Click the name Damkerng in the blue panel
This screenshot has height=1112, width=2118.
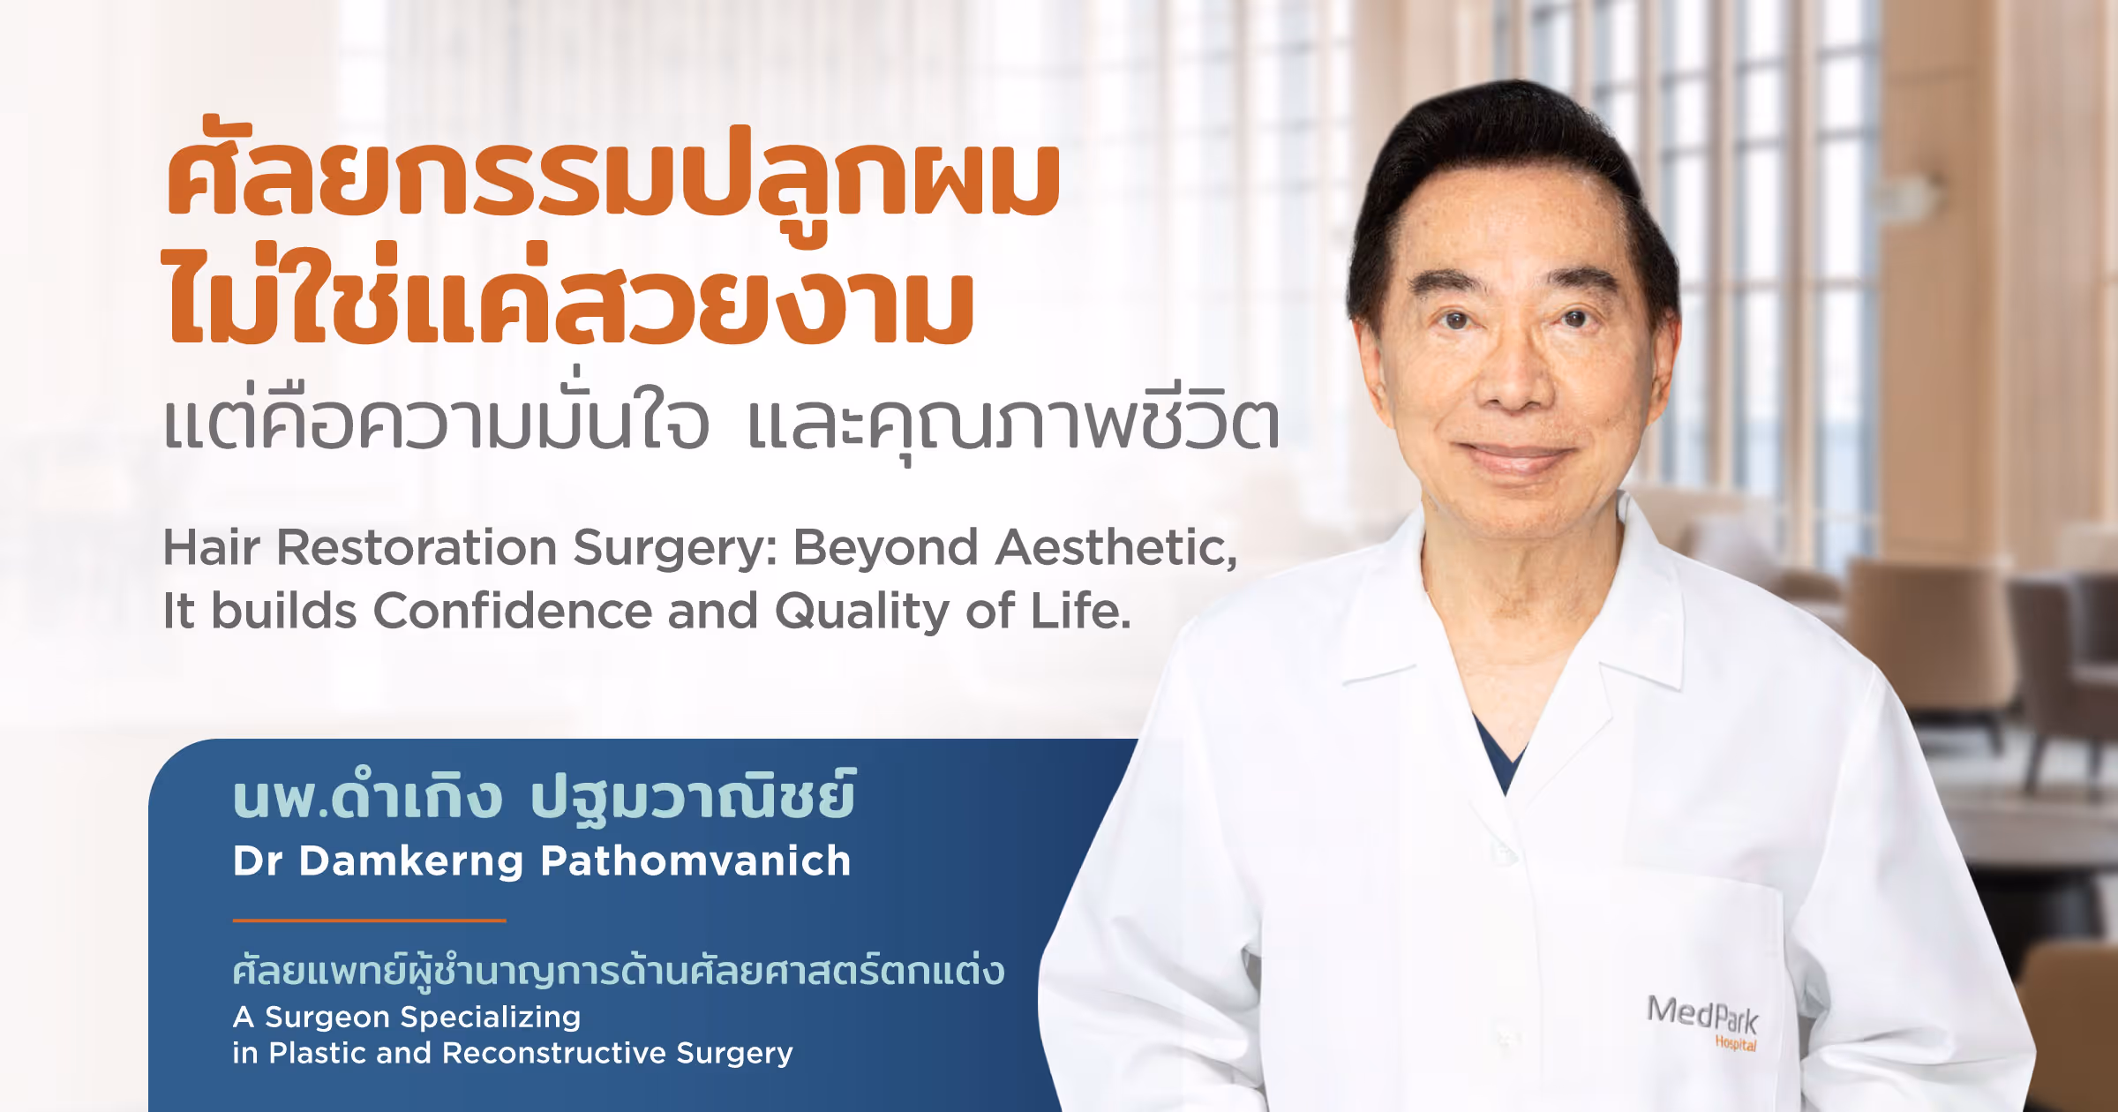[411, 861]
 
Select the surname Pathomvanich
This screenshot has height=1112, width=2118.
[695, 861]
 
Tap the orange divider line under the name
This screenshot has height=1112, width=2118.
[369, 920]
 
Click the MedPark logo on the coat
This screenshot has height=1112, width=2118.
[1701, 1017]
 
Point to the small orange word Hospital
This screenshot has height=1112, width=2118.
[1735, 1044]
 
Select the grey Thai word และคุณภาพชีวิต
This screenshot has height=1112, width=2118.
[1013, 424]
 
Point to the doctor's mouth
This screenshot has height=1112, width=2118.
[1516, 454]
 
